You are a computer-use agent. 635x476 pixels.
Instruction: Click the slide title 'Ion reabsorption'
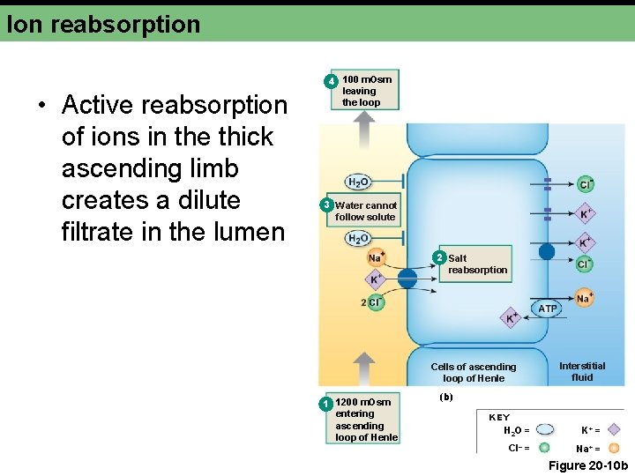103,24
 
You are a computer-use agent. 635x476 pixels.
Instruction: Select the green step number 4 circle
331,81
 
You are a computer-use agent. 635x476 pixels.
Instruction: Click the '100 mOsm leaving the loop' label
367,91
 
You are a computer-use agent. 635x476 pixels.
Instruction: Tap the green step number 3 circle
325,206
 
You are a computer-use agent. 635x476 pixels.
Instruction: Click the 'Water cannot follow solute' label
366,211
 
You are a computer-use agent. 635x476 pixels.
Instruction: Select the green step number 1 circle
325,404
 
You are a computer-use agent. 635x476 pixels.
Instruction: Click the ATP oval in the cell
548,309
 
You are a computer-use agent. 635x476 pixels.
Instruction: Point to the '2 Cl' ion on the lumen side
374,302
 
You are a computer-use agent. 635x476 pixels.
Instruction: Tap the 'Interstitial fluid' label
582,371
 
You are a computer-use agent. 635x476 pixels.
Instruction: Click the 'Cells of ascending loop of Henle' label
474,372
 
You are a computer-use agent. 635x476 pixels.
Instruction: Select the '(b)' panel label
446,397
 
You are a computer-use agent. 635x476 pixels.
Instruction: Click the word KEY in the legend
499,417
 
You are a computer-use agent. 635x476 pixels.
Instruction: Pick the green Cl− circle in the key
545,448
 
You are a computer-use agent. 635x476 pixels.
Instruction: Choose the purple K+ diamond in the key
615,430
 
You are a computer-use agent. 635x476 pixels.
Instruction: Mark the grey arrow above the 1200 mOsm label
363,368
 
